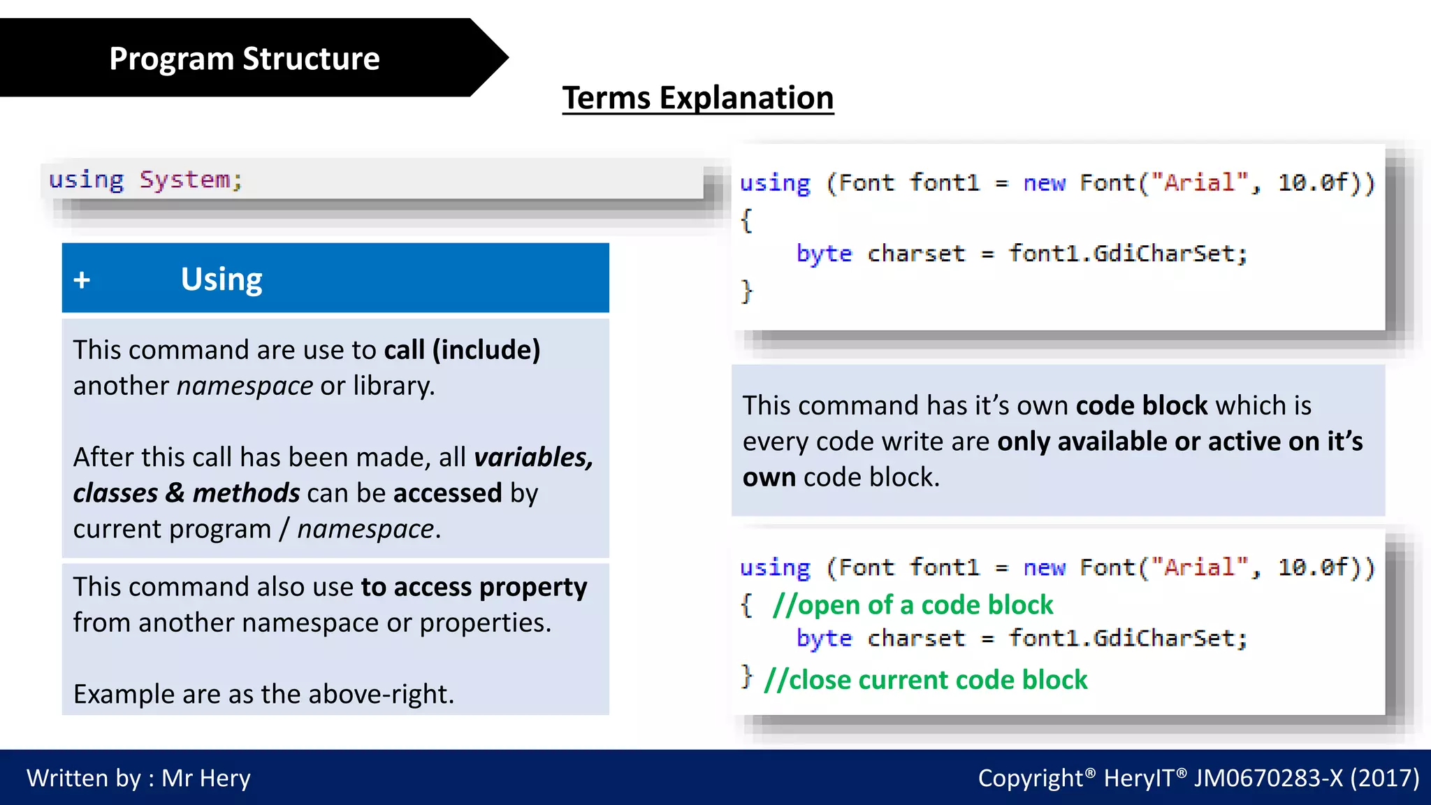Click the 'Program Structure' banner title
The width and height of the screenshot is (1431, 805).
244,59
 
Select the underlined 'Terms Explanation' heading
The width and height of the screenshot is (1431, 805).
697,98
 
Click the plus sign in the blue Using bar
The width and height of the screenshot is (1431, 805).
82,280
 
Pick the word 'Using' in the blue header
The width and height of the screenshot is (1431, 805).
221,279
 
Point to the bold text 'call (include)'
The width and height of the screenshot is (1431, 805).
462,349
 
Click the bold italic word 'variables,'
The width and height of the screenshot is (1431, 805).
533,457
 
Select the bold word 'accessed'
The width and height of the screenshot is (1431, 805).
447,493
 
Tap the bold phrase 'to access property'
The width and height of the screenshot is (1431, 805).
474,587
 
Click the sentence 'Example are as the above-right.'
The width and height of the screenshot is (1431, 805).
263,694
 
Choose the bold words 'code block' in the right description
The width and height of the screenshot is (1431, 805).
1141,405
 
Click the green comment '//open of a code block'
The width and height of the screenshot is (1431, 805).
912,605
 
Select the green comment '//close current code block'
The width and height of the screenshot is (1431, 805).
925,680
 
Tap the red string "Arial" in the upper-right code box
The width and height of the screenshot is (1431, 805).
1199,183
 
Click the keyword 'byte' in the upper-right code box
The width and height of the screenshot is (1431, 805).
824,254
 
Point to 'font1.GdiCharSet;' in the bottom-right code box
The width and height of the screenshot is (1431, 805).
1127,638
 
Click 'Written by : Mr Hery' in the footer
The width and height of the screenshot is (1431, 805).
138,778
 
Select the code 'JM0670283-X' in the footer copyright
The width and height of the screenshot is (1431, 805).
1267,778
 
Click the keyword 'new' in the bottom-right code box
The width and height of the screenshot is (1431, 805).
1044,567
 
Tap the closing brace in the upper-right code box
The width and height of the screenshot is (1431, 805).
746,291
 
